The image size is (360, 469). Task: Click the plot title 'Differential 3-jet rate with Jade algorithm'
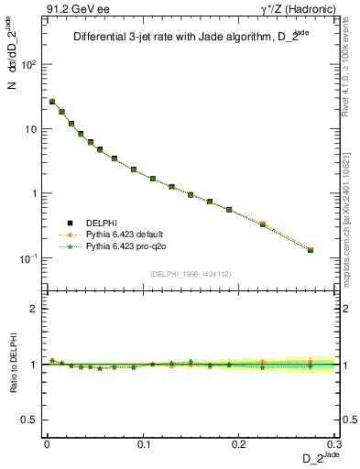174,38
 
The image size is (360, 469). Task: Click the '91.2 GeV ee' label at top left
71,10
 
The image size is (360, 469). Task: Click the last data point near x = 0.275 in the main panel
311,250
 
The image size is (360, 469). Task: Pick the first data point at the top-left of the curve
52,102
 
